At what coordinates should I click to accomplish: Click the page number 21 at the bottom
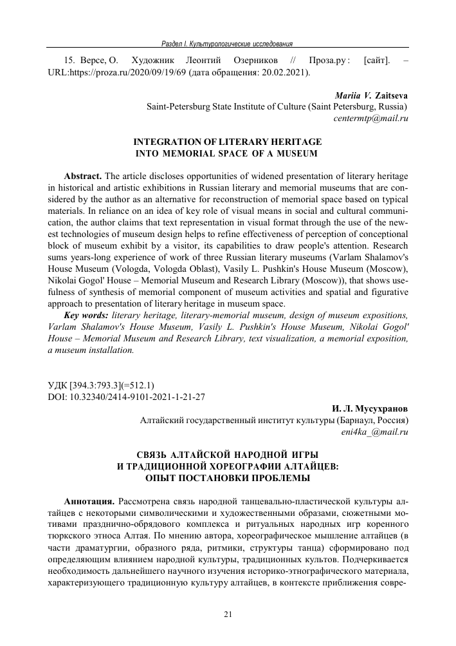[228, 614]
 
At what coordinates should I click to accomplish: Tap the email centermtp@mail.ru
[371, 119]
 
